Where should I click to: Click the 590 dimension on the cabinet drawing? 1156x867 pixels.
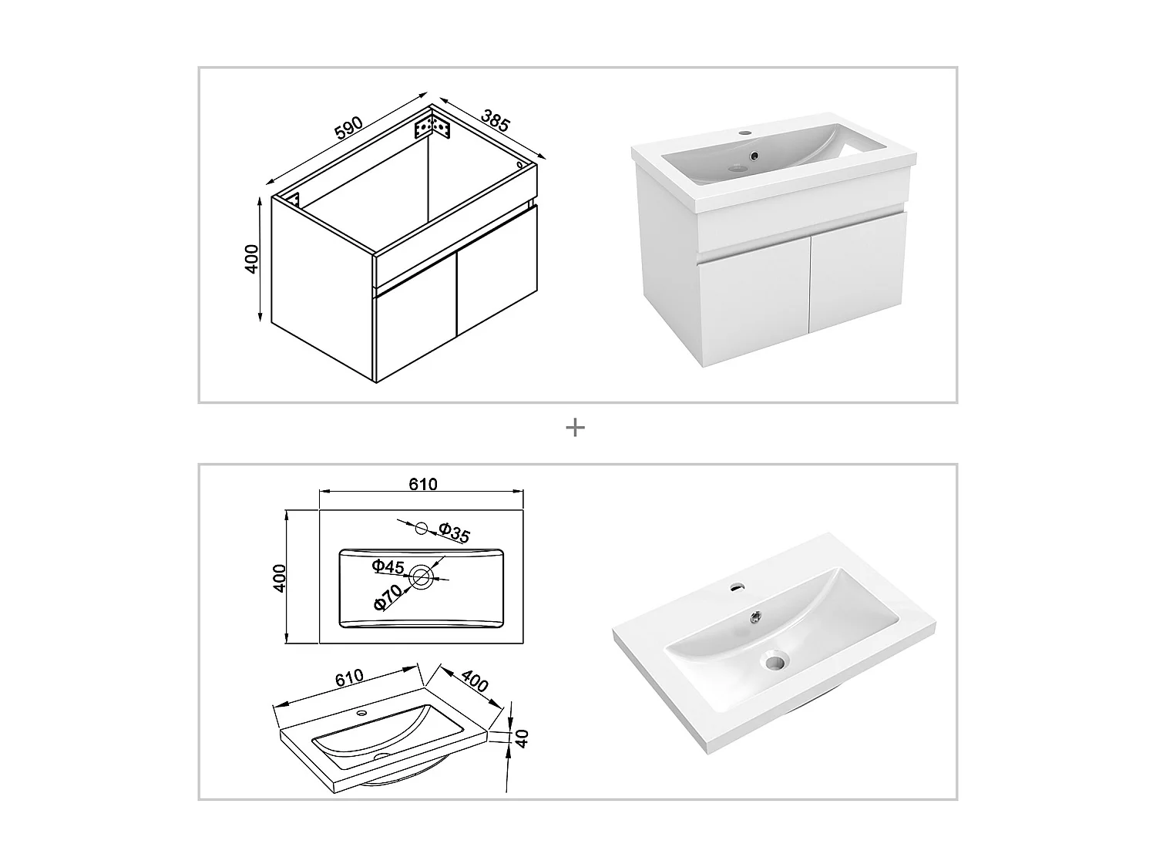tap(348, 128)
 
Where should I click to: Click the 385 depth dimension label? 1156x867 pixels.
tap(495, 121)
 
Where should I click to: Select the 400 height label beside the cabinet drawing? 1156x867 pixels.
tap(252, 259)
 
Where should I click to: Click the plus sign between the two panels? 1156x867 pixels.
tap(575, 428)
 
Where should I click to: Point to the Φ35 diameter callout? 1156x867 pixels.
tap(454, 533)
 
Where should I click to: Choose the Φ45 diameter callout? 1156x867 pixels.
tap(388, 566)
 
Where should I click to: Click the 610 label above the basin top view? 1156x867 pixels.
tap(423, 484)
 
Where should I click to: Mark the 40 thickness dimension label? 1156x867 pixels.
tap(522, 738)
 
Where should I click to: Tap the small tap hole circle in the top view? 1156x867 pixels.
tap(422, 528)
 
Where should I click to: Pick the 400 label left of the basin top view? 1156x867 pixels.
tap(279, 578)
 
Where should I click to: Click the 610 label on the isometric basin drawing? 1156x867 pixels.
tap(349, 677)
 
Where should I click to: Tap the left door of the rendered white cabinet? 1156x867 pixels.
tap(754, 308)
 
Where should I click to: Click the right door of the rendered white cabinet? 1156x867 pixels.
tap(859, 273)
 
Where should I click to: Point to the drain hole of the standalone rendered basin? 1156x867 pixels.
tap(774, 661)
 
